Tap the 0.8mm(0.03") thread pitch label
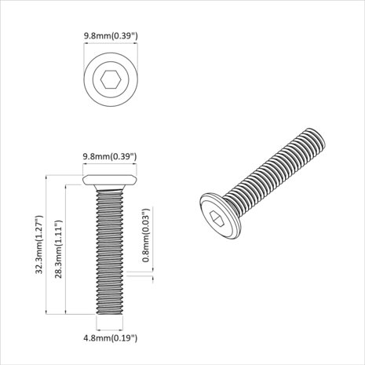(146, 235)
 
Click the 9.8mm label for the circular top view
(111, 35)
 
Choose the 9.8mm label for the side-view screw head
(111, 157)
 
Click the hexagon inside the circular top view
(111, 80)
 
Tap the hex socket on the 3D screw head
(220, 221)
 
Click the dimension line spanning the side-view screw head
(111, 168)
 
